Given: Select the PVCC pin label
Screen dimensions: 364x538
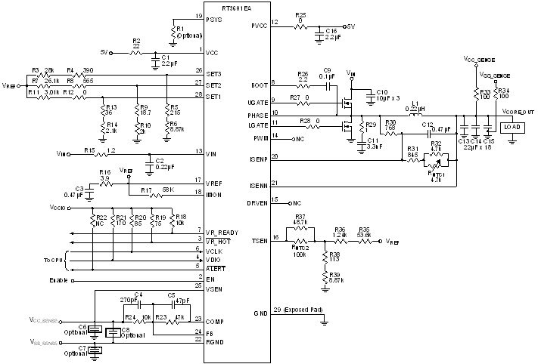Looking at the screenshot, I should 259,26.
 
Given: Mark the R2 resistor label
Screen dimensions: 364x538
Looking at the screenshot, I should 136,40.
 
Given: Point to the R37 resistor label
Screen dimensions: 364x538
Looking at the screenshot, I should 300,217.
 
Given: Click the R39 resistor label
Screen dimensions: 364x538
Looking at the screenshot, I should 334,274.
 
